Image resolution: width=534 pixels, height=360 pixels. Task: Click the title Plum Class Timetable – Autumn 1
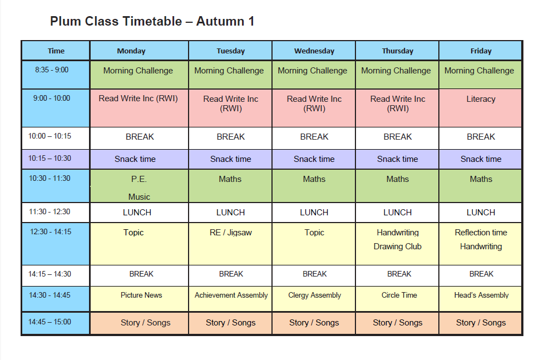coord(152,21)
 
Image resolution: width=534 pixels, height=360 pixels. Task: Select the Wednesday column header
coord(314,51)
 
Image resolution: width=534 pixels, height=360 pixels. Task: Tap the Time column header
coord(56,51)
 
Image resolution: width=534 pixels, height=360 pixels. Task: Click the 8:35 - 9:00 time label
coord(52,70)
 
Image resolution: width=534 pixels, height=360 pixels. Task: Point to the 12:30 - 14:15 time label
coord(51,232)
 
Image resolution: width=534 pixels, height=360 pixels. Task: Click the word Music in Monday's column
coord(139,197)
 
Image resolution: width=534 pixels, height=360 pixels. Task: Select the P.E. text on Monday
coord(139,179)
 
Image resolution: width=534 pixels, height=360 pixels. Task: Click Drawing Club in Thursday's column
coord(397,246)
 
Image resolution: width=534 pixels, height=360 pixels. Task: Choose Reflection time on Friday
coord(481,233)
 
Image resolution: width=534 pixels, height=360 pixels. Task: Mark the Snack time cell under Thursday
coord(397,159)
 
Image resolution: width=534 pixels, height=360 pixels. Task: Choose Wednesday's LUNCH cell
coord(314,213)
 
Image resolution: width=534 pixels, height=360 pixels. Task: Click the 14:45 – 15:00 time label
coord(50,322)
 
